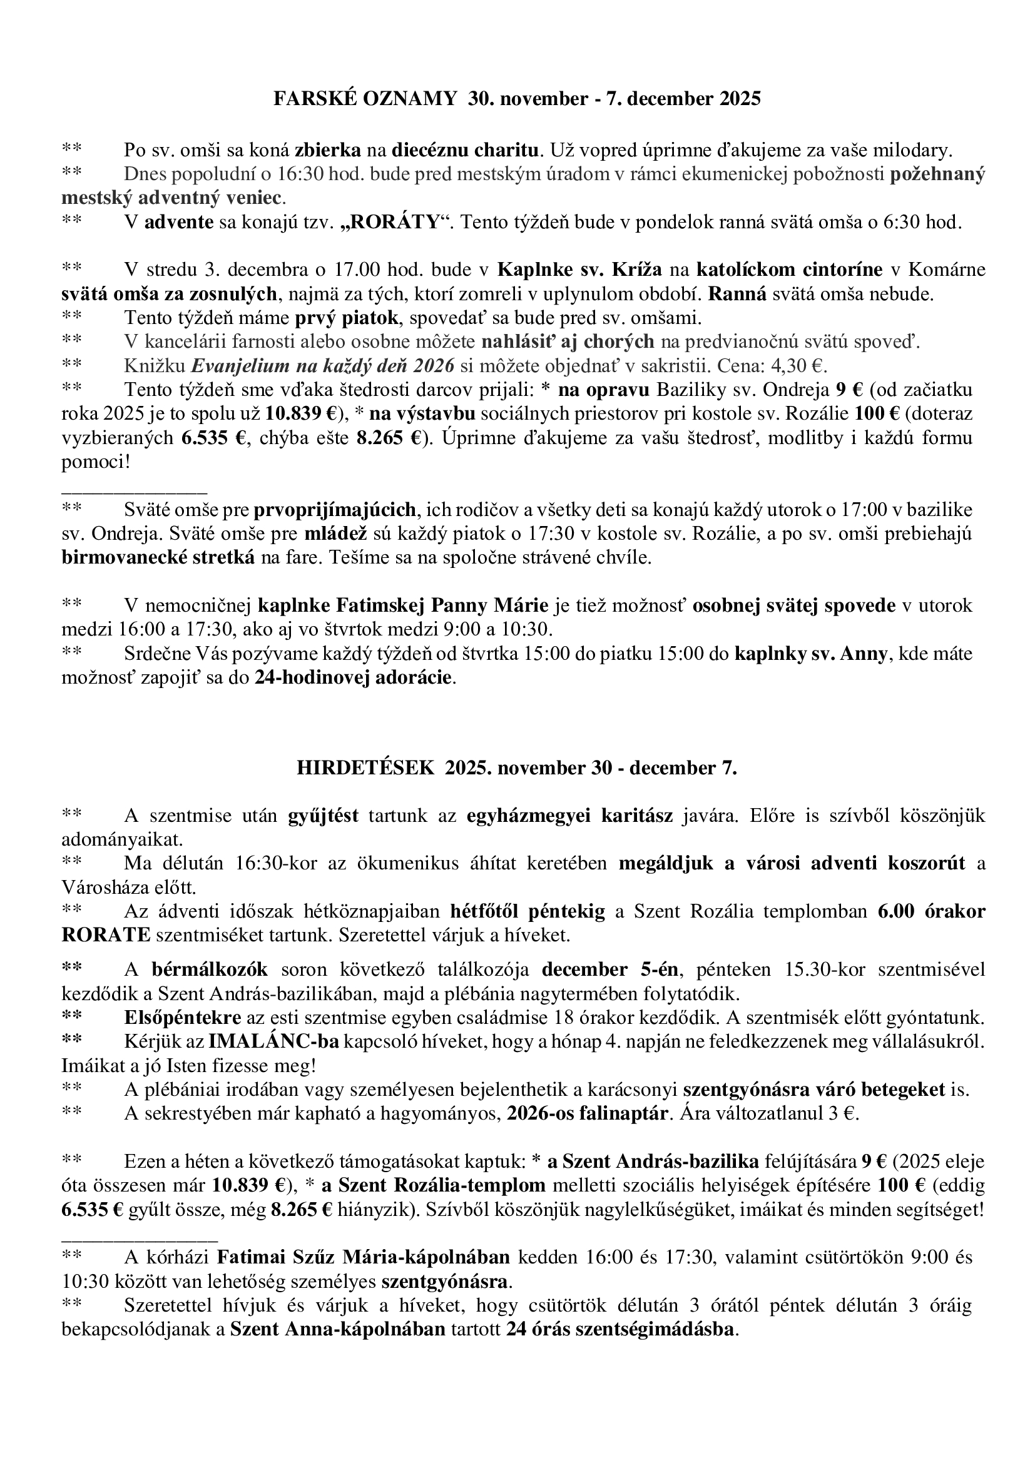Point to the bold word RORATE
point(106,934)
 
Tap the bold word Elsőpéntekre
point(183,1016)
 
